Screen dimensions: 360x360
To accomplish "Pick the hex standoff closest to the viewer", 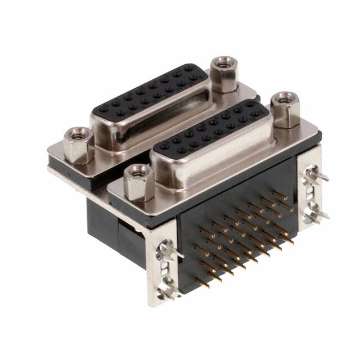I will (x=138, y=183).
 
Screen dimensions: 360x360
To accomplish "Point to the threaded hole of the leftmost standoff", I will (x=78, y=134).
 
